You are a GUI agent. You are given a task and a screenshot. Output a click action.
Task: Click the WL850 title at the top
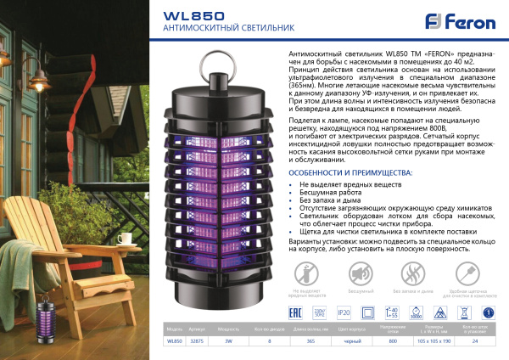pyautogui.click(x=183, y=14)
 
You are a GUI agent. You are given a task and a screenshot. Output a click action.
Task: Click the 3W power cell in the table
pyautogui.click(x=225, y=341)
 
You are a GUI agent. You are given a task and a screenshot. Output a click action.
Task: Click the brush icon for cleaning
pyautogui.click(x=466, y=273)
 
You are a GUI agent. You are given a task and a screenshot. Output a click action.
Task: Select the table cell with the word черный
pyautogui.click(x=345, y=341)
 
